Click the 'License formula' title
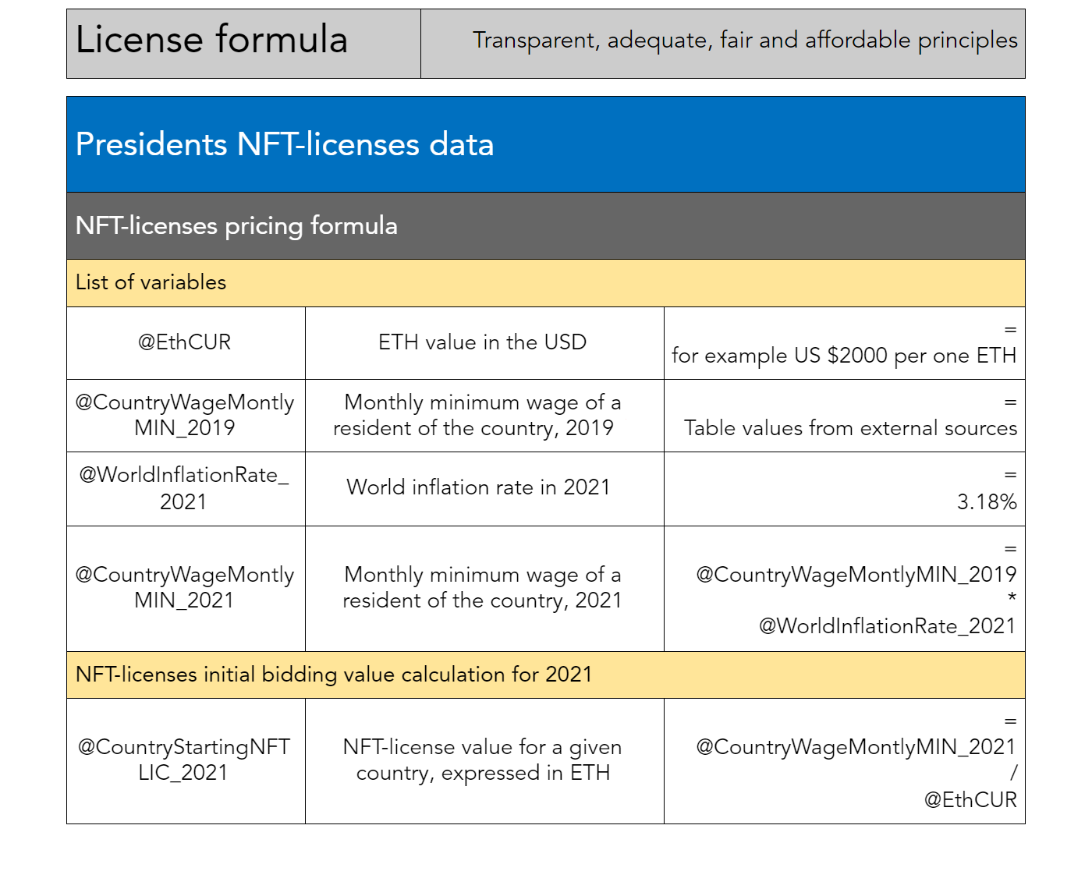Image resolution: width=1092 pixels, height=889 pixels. [211, 40]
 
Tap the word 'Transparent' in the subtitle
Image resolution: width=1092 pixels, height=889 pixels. [535, 41]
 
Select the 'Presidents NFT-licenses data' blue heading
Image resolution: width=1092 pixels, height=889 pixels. [285, 144]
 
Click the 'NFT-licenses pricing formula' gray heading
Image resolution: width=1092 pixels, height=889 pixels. [236, 226]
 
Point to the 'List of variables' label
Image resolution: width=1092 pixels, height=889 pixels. [151, 282]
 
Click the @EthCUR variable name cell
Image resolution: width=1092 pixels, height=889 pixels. [185, 342]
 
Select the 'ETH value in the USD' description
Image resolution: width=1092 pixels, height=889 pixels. [482, 342]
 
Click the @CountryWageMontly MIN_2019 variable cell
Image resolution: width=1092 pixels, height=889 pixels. [185, 415]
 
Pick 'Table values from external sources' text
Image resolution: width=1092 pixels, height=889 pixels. [850, 428]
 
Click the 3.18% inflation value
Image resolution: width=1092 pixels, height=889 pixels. [987, 501]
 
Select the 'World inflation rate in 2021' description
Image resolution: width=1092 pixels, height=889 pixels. [478, 487]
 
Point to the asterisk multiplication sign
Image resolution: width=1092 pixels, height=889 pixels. [1012, 597]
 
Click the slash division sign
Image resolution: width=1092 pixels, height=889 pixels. [1013, 773]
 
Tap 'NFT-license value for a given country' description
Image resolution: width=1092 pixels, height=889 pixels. [482, 760]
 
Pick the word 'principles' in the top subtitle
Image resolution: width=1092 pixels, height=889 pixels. [967, 41]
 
